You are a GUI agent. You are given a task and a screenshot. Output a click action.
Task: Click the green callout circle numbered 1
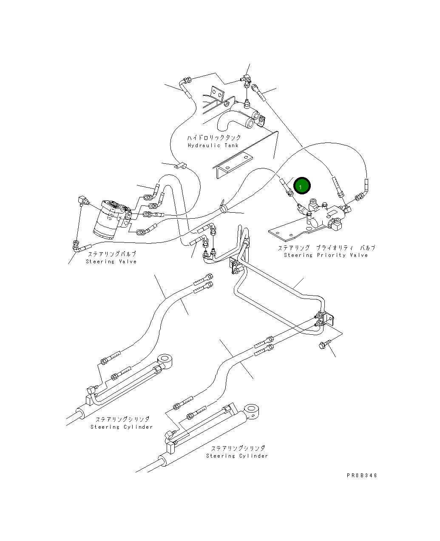click(x=302, y=185)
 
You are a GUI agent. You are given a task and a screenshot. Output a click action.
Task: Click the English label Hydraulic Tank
click(x=213, y=145)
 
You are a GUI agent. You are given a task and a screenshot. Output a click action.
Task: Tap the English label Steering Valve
click(x=111, y=262)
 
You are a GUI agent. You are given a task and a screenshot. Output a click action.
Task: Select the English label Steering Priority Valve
click(x=326, y=255)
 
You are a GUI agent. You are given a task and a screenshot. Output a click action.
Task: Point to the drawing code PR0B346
click(x=362, y=476)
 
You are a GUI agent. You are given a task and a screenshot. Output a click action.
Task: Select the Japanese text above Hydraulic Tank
click(x=214, y=138)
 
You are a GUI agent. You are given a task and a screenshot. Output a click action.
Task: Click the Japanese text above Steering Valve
click(x=112, y=254)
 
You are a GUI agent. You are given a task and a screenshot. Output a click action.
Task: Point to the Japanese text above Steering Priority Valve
click(x=327, y=248)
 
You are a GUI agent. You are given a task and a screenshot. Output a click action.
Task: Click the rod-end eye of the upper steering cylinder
click(x=165, y=361)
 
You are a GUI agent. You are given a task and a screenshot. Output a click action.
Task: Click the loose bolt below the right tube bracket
click(x=324, y=344)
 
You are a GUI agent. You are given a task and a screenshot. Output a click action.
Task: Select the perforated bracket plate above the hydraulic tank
click(x=217, y=93)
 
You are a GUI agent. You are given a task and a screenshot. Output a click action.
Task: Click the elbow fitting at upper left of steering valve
click(x=83, y=200)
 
